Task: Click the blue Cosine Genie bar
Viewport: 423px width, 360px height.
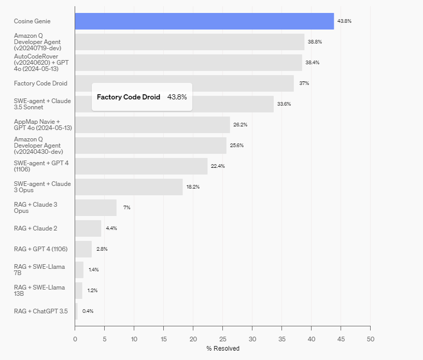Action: click(204, 21)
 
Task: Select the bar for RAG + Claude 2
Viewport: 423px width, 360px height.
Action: click(88, 228)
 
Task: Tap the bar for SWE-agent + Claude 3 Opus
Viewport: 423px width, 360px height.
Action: click(129, 187)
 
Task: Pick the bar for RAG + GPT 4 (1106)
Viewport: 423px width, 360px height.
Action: click(83, 249)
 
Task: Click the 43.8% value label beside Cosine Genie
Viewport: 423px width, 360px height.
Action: click(344, 21)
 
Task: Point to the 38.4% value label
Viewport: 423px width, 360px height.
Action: click(313, 63)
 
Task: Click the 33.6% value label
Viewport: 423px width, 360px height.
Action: click(284, 104)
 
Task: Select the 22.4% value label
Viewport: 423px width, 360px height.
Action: click(218, 166)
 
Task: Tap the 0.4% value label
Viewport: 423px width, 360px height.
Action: click(88, 311)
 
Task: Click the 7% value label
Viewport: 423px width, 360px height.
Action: click(126, 208)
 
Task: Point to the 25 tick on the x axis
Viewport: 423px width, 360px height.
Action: click(222, 339)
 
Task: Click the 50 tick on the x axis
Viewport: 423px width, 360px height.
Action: click(370, 339)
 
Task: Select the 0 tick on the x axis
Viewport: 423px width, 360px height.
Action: click(75, 339)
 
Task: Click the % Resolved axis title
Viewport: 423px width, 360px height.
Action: click(223, 349)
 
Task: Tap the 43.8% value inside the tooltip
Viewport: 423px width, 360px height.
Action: click(177, 97)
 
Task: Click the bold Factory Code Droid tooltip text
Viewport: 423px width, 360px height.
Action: click(129, 97)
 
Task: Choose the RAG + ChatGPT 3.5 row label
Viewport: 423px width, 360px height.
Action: click(40, 311)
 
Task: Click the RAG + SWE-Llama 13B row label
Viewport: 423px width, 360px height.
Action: click(39, 291)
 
